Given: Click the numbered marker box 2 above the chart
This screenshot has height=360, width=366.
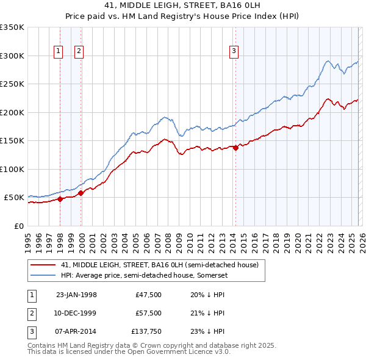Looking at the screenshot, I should [79, 52].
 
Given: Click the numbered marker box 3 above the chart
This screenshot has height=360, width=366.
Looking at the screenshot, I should [234, 52].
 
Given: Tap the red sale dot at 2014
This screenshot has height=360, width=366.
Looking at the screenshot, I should [235, 148].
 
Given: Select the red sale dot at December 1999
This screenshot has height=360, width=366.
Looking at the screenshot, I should [81, 193].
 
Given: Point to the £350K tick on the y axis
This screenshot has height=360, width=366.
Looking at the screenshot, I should [12, 27].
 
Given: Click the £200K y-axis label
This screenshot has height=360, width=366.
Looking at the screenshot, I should [12, 112].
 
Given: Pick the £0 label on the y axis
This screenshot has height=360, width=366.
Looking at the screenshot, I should [20, 226].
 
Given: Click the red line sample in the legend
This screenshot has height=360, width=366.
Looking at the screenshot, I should [42, 265].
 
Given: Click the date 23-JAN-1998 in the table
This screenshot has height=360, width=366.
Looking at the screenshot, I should [76, 294].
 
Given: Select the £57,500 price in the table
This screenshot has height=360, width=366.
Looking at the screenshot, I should [148, 313].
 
